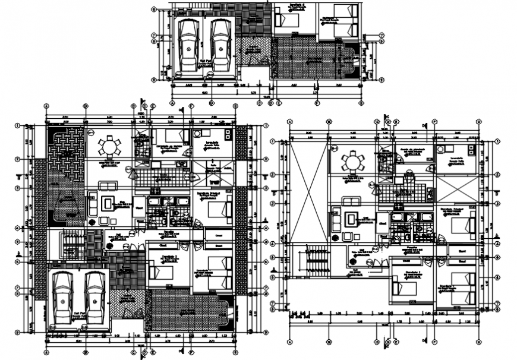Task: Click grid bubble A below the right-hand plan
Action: pyautogui.click(x=289, y=342)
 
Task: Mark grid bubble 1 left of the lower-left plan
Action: pyautogui.click(x=18, y=125)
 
